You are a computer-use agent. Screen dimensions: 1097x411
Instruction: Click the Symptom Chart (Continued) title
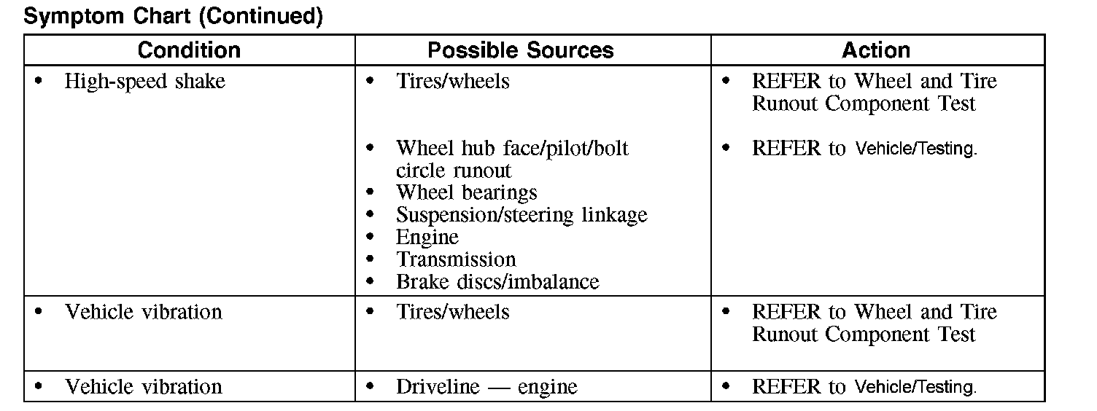173,16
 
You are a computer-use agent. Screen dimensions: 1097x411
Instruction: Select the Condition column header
189,50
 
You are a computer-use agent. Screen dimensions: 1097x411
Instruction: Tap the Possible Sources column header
520,50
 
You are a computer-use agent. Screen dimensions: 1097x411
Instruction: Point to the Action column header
875,50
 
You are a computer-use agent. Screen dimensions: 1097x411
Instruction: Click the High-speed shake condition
144,82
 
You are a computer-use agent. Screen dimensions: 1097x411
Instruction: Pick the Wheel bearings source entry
466,193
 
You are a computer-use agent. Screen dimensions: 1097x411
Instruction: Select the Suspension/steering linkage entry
521,216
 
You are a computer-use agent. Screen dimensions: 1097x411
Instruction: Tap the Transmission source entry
455,260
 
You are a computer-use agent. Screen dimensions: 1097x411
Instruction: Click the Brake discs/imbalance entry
497,282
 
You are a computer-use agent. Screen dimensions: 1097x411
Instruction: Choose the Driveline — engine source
486,387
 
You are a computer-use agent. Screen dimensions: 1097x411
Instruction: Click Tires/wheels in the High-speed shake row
452,82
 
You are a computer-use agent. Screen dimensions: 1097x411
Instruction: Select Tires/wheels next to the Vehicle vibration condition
452,313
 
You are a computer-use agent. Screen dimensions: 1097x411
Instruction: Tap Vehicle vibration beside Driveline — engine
143,387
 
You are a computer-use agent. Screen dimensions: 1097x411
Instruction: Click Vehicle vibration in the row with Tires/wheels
143,313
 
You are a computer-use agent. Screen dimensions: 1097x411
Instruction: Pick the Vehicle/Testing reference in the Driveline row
915,388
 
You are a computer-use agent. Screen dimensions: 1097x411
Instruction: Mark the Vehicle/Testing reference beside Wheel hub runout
915,149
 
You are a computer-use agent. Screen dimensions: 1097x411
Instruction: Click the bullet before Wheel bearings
371,194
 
